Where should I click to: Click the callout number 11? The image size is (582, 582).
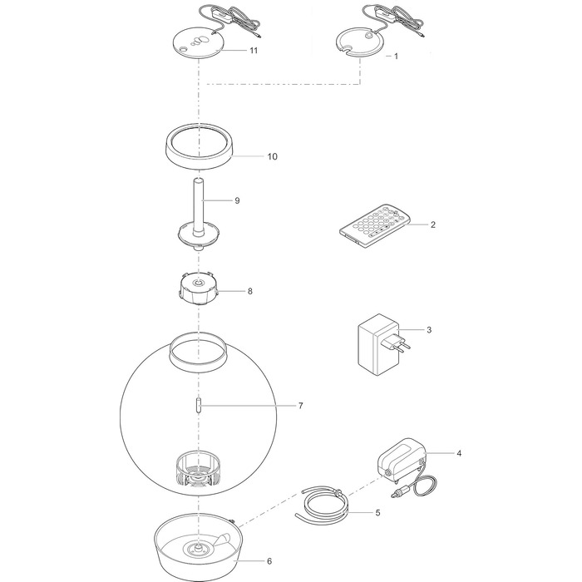pos(254,51)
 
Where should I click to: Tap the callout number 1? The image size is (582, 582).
pos(396,57)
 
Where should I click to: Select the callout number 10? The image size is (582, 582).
pos(273,156)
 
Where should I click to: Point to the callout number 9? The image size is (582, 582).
pos(237,201)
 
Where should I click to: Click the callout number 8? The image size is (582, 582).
pos(249,291)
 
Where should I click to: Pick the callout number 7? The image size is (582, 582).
pos(301,406)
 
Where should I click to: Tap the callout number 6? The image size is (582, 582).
pos(269,561)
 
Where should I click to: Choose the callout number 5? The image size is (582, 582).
pos(377,513)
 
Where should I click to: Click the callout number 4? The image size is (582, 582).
pos(459,453)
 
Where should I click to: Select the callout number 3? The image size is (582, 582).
pos(429,330)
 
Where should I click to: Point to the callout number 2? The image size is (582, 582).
pos(433,224)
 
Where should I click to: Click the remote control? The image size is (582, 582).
pos(373,225)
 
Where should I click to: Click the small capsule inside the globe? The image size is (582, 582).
pos(199,406)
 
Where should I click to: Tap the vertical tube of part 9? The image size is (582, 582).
pos(199,208)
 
